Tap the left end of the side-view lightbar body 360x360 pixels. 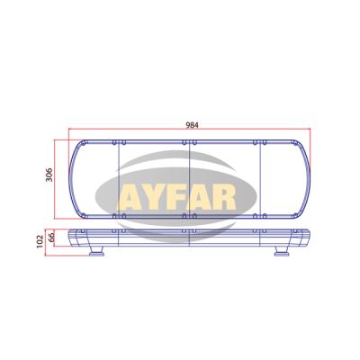tap(76, 238)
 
